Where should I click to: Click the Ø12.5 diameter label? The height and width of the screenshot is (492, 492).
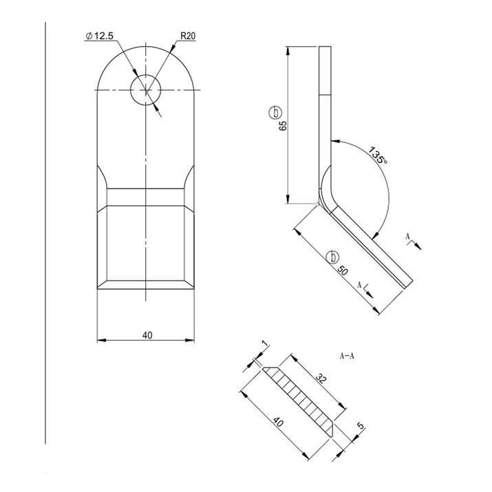pos(99,36)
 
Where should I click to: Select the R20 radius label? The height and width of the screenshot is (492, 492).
pos(188,36)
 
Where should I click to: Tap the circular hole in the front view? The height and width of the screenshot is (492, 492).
pos(146,91)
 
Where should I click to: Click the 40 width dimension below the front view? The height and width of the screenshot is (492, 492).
pos(147,334)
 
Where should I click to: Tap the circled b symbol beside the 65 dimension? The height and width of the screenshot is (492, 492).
pos(275,112)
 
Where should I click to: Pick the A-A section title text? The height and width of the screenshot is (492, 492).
pos(347,356)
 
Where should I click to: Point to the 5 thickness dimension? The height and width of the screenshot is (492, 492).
pos(360,427)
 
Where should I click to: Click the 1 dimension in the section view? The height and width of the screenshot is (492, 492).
pos(262,343)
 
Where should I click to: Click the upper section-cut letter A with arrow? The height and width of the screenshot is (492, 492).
pos(409,237)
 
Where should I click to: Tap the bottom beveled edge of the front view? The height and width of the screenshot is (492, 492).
pos(147,285)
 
